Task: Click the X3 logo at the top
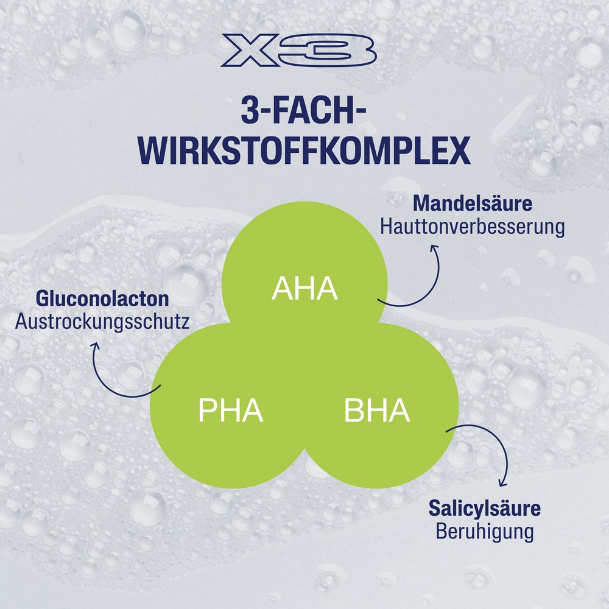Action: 298,51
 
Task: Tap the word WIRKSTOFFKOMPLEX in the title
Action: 304,150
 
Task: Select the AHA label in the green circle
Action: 304,288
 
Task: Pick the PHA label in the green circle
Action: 231,410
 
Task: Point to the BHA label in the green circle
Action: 377,410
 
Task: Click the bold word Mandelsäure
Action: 473,203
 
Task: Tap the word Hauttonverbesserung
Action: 473,227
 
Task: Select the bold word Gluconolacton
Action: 102,299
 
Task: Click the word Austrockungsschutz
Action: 102,322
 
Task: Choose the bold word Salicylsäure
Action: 484,508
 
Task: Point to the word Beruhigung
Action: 484,531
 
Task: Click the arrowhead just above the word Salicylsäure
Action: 503,483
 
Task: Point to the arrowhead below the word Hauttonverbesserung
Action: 434,248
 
